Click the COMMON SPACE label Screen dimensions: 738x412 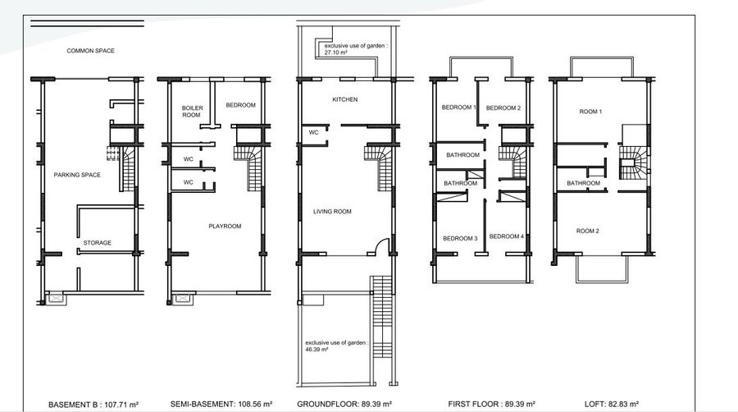coord(90,51)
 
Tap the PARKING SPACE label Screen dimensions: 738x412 coord(77,175)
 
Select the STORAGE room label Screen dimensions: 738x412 coord(98,242)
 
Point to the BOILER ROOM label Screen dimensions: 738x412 coord(192,112)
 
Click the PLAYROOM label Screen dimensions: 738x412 coord(225,226)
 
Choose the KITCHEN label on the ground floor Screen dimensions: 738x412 coord(345,99)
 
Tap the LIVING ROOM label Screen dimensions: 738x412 coord(332,212)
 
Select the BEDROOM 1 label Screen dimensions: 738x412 coord(459,108)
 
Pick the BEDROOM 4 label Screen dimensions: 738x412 coord(507,236)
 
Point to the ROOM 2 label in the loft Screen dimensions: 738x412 coord(588,231)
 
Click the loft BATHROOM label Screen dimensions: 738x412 coord(584,183)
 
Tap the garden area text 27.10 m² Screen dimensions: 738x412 coord(335,53)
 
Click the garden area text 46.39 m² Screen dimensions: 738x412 coord(317,350)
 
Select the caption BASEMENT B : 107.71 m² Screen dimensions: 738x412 coord(93,405)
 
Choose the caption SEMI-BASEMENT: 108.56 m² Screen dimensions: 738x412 coord(221,404)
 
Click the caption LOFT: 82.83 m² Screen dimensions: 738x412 coord(612,404)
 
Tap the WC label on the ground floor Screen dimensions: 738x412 coord(313,132)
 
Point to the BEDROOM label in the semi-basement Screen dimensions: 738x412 coord(240,105)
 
